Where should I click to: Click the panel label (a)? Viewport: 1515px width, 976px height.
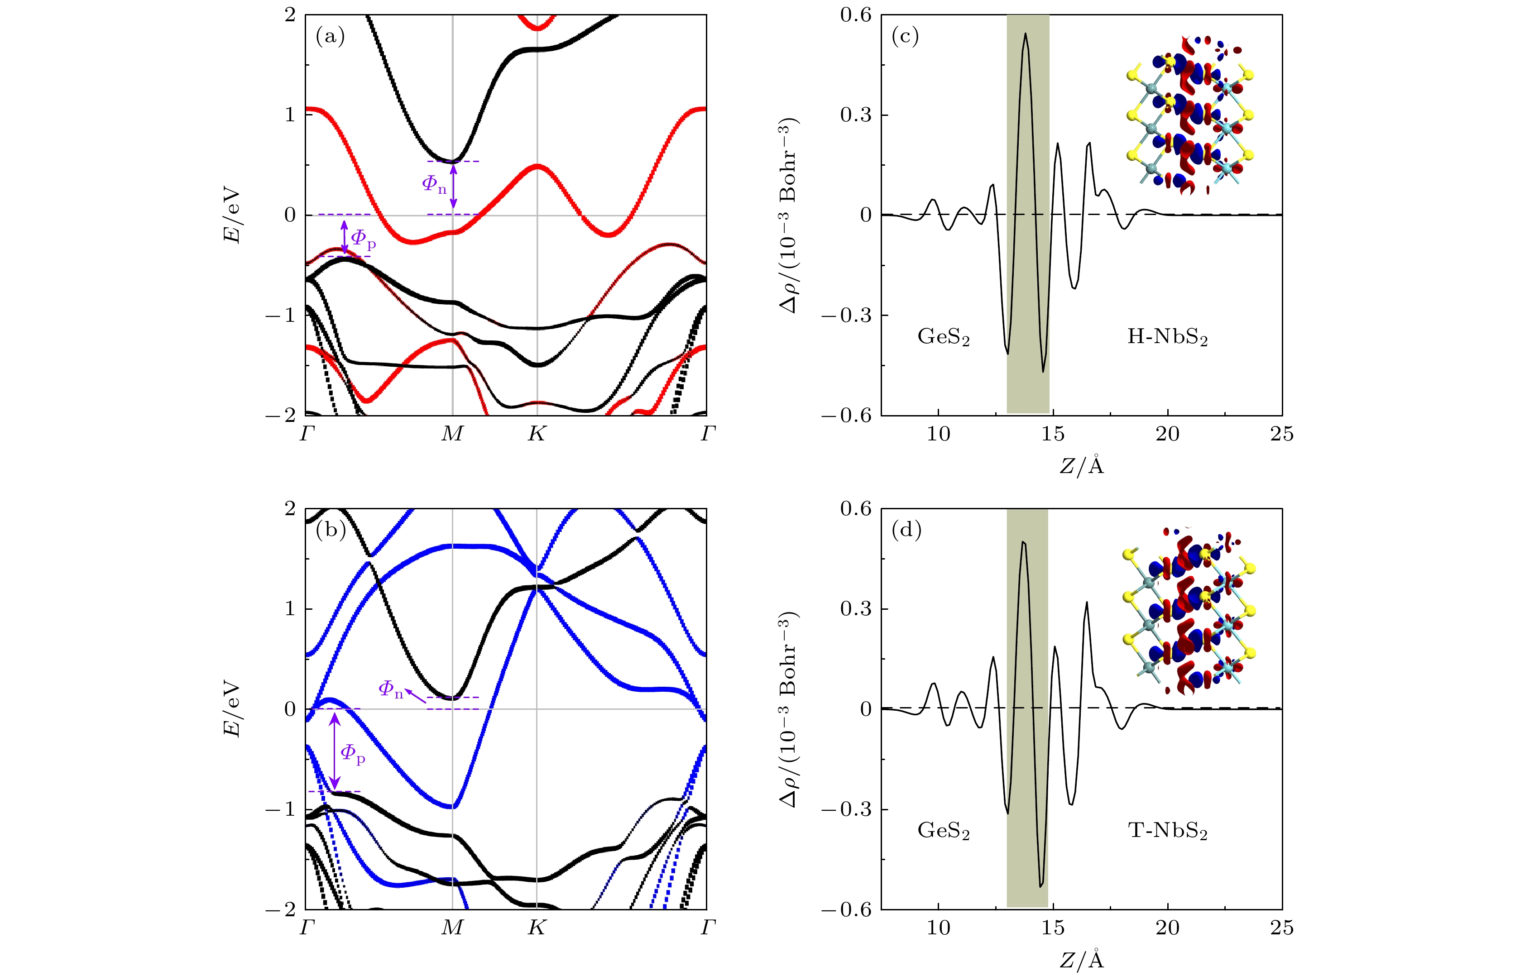click(330, 37)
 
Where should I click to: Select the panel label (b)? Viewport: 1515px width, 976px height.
click(330, 530)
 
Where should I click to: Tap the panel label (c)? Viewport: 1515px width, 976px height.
click(905, 37)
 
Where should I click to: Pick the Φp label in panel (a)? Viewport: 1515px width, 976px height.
click(363, 239)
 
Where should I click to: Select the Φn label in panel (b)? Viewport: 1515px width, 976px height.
click(390, 689)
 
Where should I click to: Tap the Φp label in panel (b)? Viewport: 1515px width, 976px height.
click(352, 754)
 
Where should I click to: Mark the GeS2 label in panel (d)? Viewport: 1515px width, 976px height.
click(943, 831)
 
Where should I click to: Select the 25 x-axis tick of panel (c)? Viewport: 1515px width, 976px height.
click(1281, 434)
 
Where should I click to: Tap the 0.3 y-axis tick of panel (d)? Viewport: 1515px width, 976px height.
click(856, 609)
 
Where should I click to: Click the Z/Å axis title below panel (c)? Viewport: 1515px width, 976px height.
click(1081, 466)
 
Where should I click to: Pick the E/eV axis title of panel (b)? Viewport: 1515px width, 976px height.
click(232, 708)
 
